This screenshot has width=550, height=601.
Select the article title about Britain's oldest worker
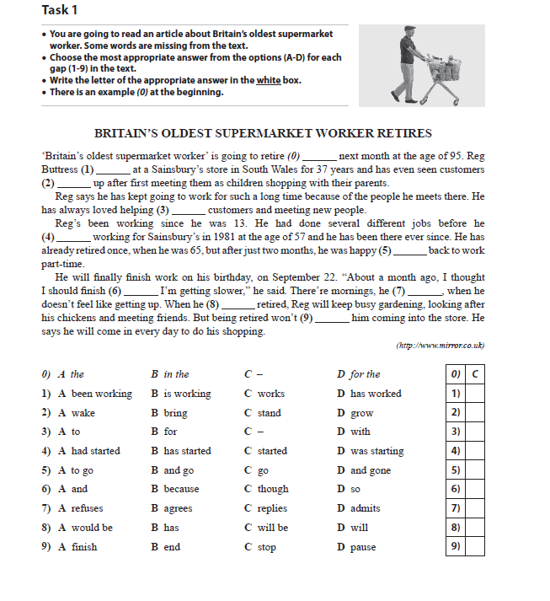(263, 133)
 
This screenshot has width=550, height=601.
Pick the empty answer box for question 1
(475, 394)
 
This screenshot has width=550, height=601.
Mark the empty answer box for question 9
(475, 547)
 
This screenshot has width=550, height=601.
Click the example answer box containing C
(475, 374)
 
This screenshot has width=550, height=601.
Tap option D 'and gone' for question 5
(363, 470)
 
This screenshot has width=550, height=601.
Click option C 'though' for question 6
(266, 489)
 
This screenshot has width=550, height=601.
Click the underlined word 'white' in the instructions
(269, 80)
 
